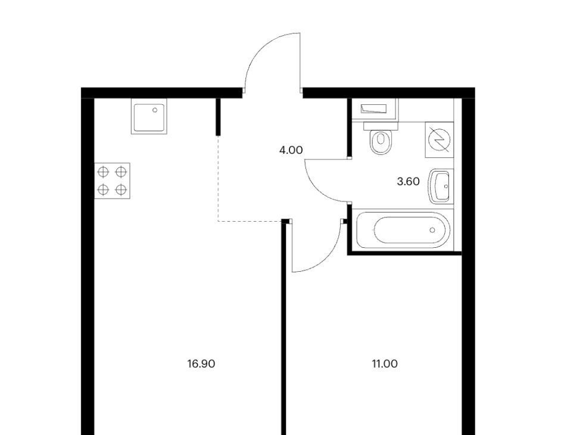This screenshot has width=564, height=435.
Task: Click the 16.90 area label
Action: click(201, 363)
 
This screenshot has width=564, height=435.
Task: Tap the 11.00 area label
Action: click(385, 363)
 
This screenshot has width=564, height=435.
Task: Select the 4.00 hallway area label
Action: click(291, 150)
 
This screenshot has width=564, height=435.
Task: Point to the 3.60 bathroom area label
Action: click(408, 181)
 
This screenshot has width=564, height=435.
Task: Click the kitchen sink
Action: click(149, 117)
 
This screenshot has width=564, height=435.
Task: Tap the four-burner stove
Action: click(112, 181)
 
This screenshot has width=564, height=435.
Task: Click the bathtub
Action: click(403, 229)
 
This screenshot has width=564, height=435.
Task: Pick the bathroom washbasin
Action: click(440, 186)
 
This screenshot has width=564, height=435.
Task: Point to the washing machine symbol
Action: click(439, 139)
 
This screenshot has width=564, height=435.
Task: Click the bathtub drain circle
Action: click(432, 230)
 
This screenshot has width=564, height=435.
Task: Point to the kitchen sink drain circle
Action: click(155, 110)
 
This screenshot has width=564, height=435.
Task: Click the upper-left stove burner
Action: click(103, 172)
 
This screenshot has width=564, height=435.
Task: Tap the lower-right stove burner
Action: click(121, 189)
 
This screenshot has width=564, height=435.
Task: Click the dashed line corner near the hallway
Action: click(219, 220)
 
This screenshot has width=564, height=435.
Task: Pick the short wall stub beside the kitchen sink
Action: click(218, 117)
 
